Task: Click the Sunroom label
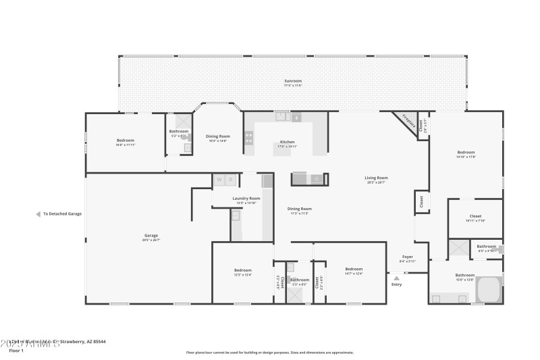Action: (x=293, y=81)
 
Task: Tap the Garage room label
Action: (x=150, y=235)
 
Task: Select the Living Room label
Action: (x=377, y=178)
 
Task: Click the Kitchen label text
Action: (x=288, y=142)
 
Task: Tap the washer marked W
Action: (x=219, y=180)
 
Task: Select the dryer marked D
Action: (x=230, y=180)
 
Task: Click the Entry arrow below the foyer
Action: (x=396, y=277)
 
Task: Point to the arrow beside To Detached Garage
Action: (x=38, y=214)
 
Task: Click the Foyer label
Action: (x=408, y=257)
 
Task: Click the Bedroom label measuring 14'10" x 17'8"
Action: (x=466, y=153)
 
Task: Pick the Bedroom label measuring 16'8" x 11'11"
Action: (x=126, y=140)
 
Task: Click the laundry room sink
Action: (x=236, y=216)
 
